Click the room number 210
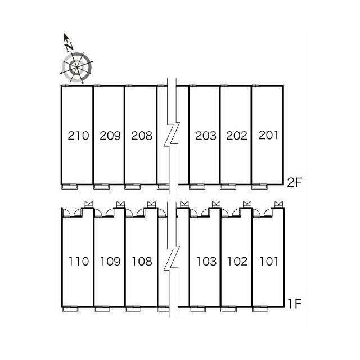(79, 136)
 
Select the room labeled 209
(110, 136)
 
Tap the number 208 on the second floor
(142, 136)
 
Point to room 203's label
(206, 136)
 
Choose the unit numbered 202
(237, 136)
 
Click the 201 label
(269, 135)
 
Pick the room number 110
(79, 261)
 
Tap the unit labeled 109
(110, 261)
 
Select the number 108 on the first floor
(142, 261)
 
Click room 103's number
(206, 261)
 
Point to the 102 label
(237, 261)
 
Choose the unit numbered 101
(269, 261)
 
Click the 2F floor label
(294, 182)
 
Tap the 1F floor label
(295, 304)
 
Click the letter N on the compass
(69, 47)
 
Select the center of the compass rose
(76, 67)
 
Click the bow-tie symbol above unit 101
(279, 204)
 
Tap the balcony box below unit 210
(70, 187)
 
